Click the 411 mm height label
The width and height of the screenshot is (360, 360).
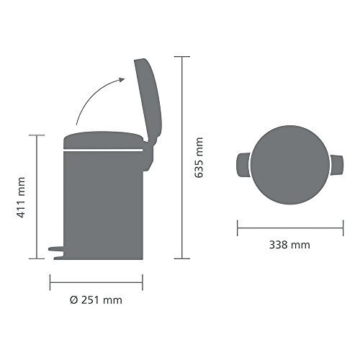point(22,197)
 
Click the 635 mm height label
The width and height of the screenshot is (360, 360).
point(199,158)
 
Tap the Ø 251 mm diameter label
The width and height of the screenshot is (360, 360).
point(96,300)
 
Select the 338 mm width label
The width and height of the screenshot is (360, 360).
point(289,245)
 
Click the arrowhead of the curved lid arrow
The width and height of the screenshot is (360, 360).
point(122,80)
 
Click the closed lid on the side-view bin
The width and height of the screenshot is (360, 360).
point(104,140)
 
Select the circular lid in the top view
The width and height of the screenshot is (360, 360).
point(290,165)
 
